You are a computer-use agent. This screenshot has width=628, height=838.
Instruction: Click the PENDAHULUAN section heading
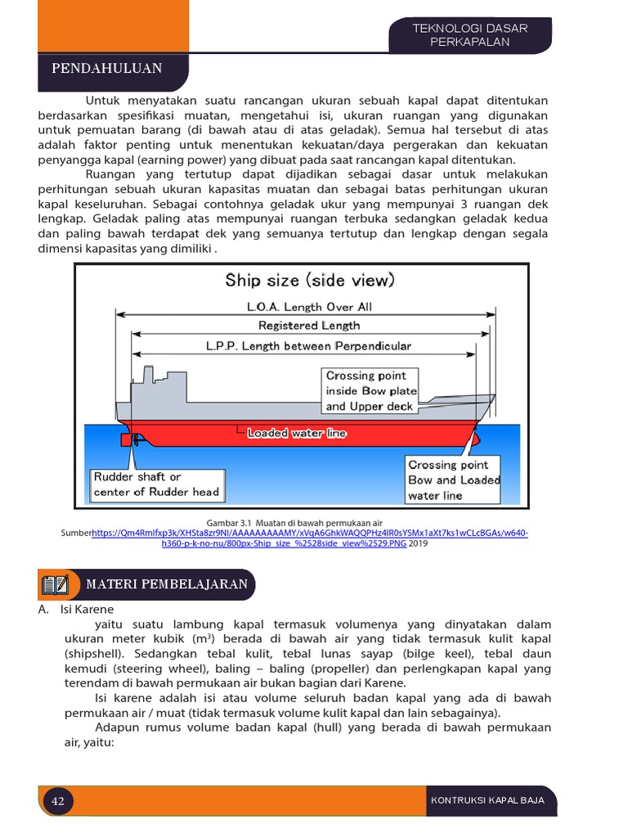tap(107, 68)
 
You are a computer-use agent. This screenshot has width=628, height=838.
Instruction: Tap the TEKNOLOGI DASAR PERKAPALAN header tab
tap(470, 35)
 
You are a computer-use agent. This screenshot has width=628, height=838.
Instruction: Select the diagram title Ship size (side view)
tap(310, 281)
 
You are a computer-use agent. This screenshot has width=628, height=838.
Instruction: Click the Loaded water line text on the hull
tap(297, 433)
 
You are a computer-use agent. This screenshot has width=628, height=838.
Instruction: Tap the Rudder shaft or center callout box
tap(156, 484)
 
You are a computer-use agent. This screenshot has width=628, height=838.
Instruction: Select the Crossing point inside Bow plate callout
tap(371, 390)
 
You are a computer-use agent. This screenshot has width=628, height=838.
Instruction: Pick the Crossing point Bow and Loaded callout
tap(454, 480)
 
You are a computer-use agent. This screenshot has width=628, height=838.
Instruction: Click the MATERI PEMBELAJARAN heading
tap(167, 583)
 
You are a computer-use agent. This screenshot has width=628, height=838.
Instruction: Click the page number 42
tap(58, 801)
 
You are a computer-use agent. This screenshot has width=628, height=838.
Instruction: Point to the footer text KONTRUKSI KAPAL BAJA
tap(487, 800)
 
